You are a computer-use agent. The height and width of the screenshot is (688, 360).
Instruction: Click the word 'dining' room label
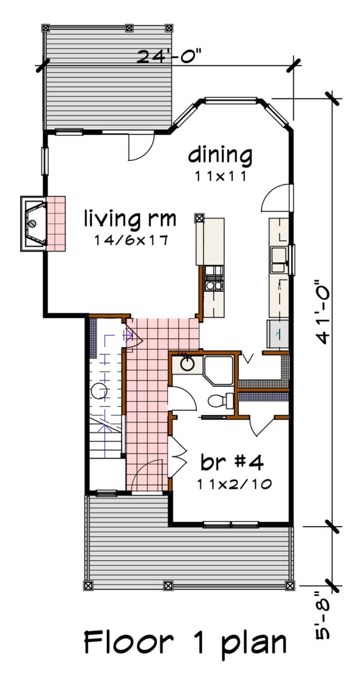(x=220, y=155)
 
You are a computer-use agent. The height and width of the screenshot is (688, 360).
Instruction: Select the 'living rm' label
(x=130, y=218)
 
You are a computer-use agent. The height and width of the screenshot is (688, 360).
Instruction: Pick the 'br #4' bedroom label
(x=232, y=464)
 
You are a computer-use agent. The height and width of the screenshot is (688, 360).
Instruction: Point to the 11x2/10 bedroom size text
(x=232, y=484)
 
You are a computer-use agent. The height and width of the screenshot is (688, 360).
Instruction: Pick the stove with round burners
(x=212, y=280)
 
